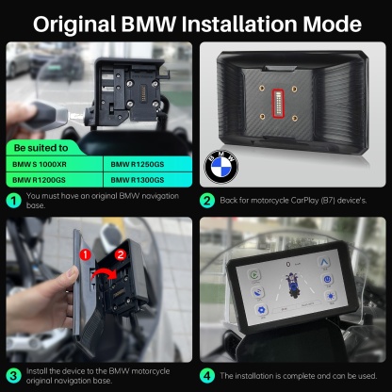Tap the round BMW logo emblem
coord(222,170)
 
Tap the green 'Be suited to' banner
coord(42,148)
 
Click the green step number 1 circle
coord(12,200)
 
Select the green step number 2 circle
coord(207,200)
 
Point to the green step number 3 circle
coord(12,375)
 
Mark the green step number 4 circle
coord(207,375)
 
